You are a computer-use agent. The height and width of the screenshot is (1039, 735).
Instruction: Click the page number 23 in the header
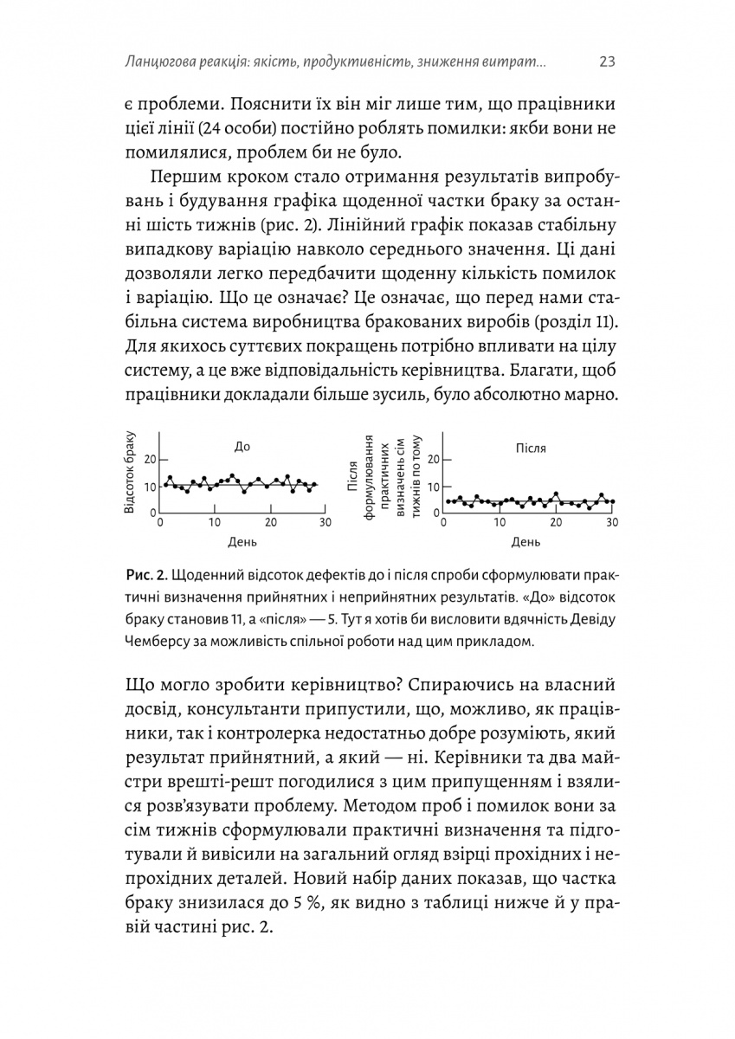click(606, 61)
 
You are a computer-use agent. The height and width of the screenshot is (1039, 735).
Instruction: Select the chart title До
click(242, 448)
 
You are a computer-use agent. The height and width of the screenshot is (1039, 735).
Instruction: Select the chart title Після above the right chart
click(532, 449)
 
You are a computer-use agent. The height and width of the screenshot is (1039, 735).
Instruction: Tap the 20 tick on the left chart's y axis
click(150, 459)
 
